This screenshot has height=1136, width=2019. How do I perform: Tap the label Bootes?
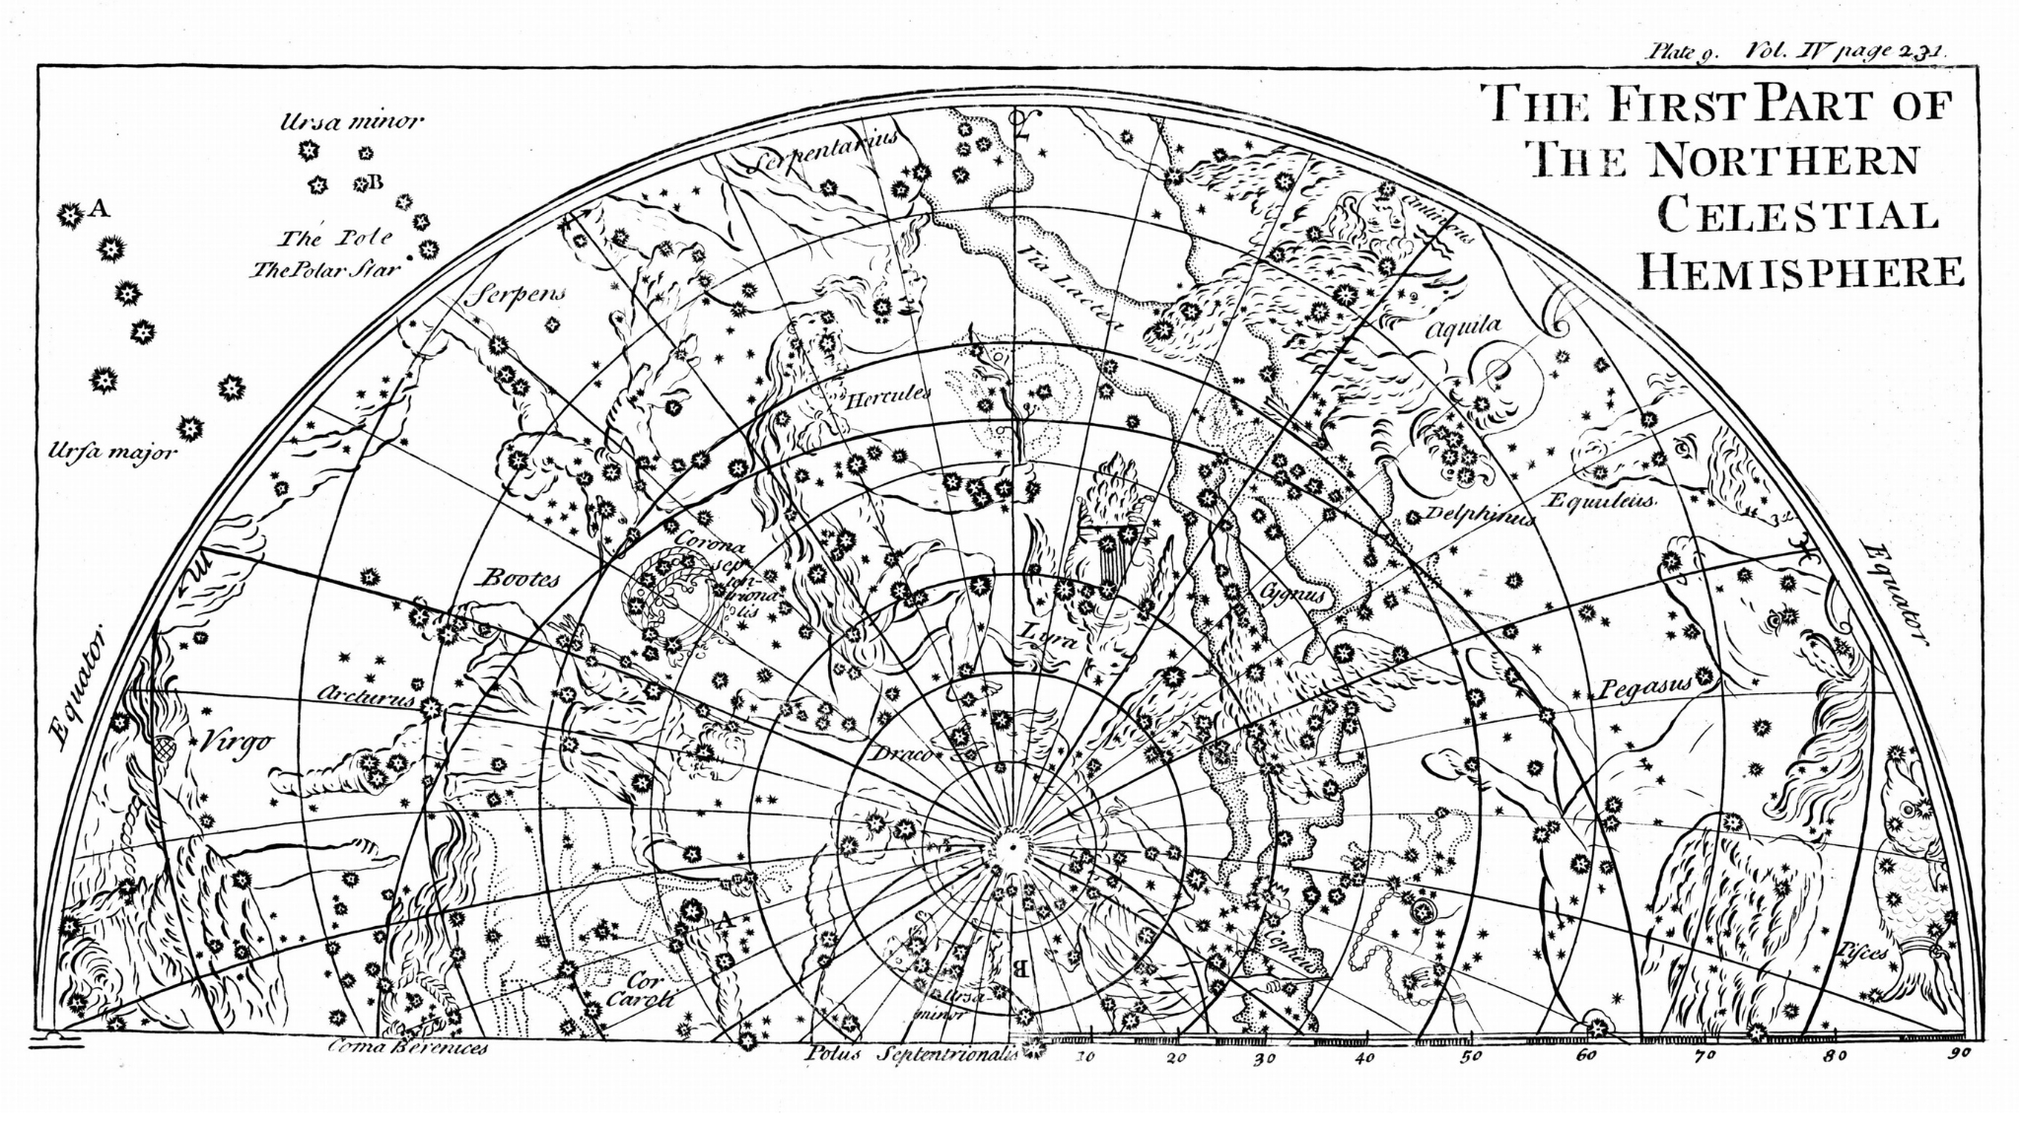(520, 579)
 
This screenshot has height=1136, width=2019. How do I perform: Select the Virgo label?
(237, 743)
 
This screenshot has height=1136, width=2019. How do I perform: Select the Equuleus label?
(1601, 501)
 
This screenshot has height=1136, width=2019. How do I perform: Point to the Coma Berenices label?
(407, 1048)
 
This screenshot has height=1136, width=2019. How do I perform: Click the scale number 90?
(1958, 1053)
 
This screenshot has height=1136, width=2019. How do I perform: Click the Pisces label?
(1862, 952)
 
